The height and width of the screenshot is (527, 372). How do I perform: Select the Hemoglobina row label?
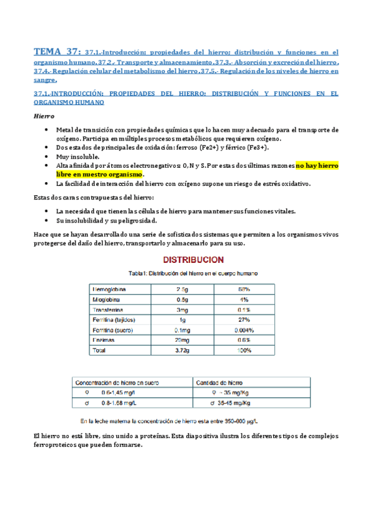[x=109, y=289]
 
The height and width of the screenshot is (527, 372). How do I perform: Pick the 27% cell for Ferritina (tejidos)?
[x=243, y=319]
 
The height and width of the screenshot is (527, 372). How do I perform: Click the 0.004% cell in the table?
[x=243, y=330]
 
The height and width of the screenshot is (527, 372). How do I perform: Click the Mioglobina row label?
[x=107, y=299]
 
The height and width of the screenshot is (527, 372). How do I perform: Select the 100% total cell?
[x=243, y=351]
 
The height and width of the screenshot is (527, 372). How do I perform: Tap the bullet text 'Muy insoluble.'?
[x=78, y=157]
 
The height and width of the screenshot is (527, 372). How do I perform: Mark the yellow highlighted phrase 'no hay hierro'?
[x=317, y=166]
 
